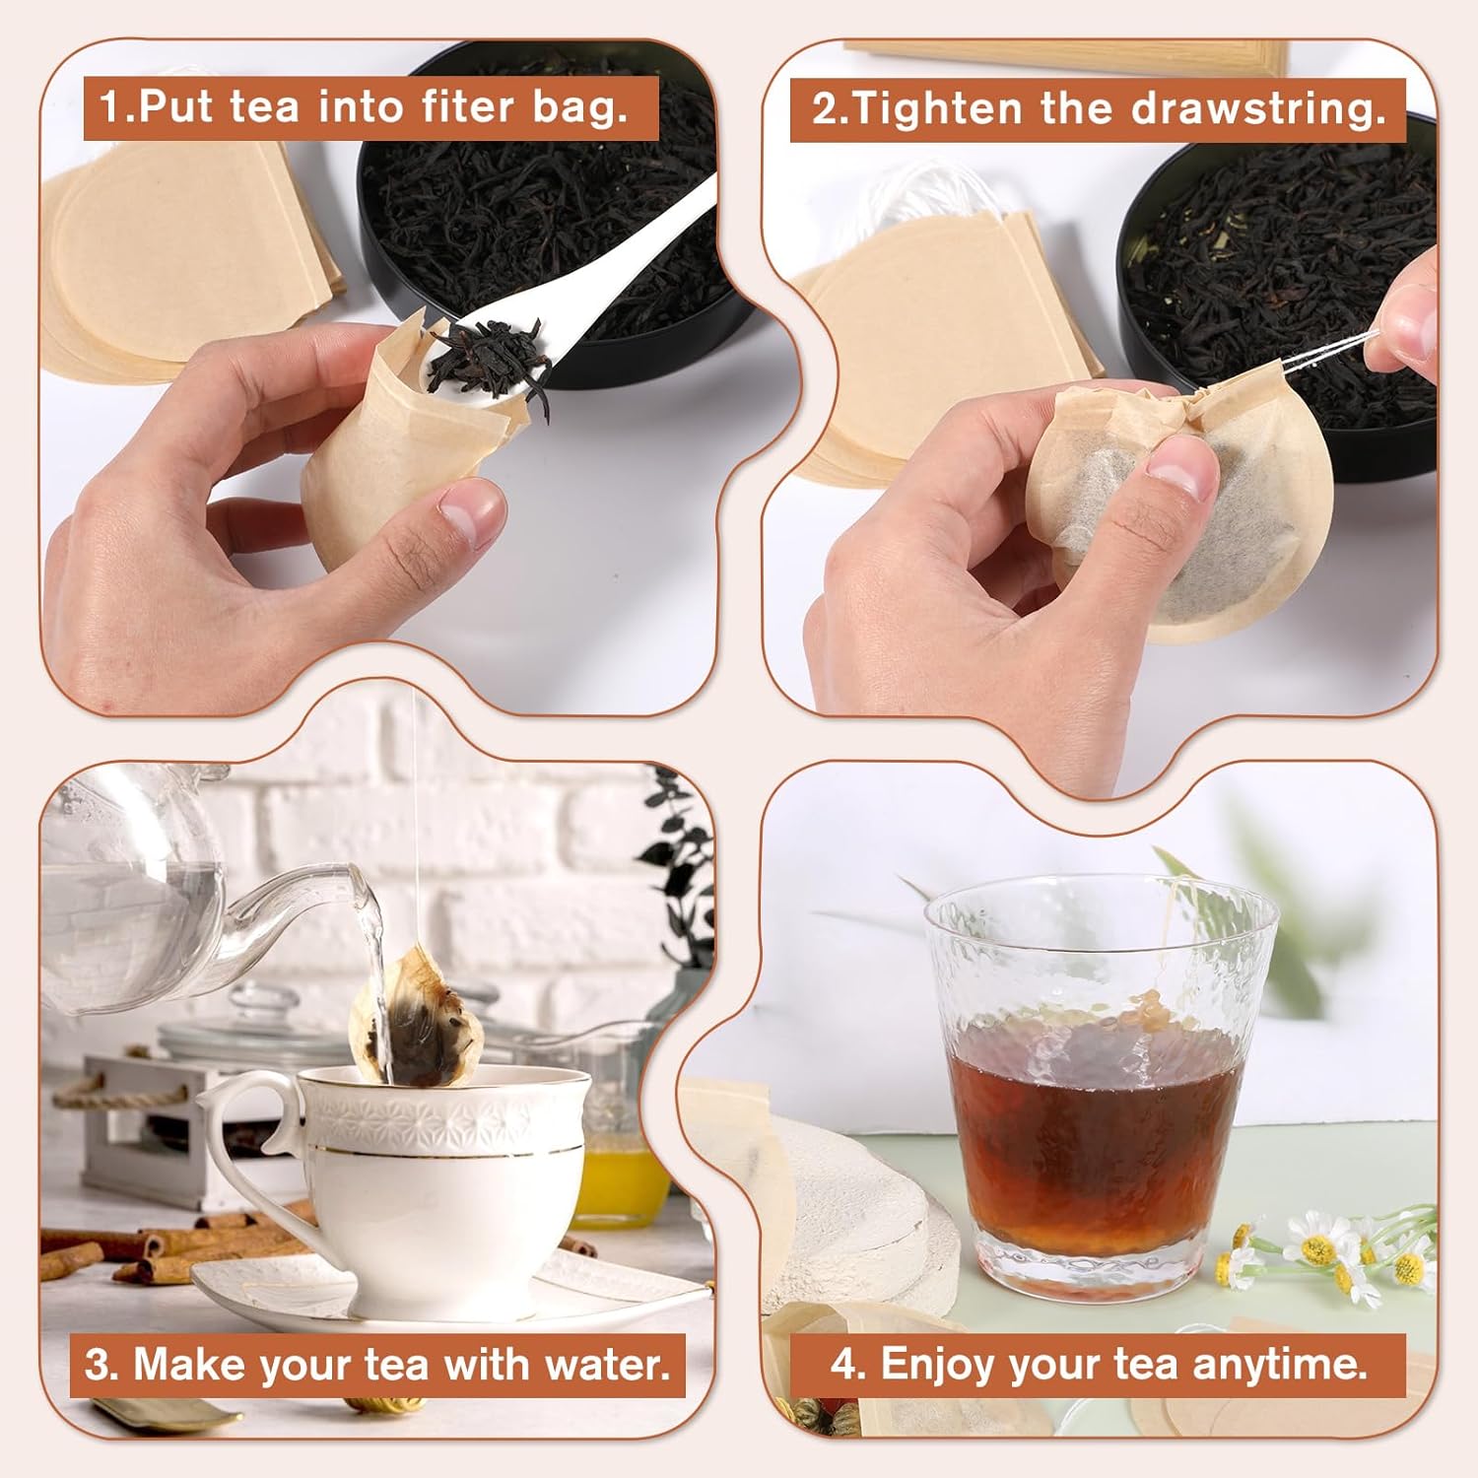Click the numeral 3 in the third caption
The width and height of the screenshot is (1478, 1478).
tap(97, 1366)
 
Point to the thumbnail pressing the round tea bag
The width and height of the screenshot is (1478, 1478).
tap(1176, 468)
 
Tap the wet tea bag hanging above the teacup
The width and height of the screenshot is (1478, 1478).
tap(419, 1020)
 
